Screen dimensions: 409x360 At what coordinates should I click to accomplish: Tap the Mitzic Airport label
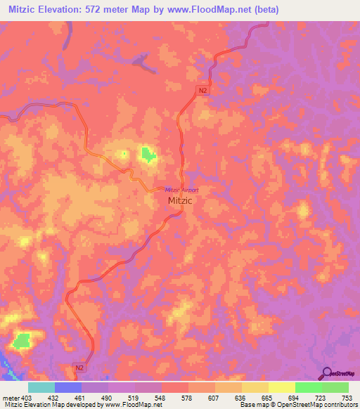(181, 190)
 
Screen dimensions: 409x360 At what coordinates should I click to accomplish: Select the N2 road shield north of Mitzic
(202, 91)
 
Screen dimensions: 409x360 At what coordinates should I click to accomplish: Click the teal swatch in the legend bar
(41, 387)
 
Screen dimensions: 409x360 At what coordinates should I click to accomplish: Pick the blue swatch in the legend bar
(68, 387)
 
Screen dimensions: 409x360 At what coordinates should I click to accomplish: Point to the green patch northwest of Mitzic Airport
(148, 154)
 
